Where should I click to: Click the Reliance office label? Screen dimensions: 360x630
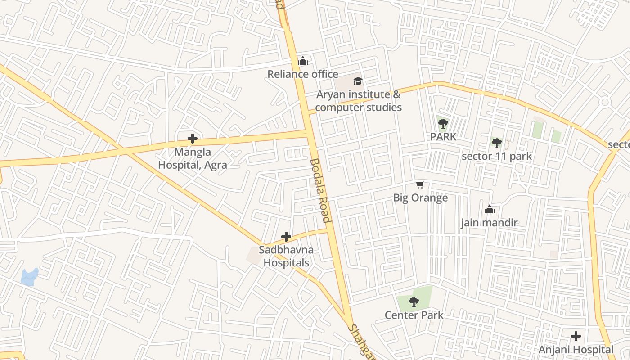coord(303,74)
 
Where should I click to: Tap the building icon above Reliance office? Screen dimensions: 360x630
coord(303,61)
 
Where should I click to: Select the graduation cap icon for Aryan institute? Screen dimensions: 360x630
coord(358,81)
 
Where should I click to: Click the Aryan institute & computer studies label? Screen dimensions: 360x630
coord(358,101)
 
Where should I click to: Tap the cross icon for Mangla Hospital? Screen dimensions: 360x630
coord(193,139)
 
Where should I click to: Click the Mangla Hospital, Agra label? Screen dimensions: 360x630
coord(193,158)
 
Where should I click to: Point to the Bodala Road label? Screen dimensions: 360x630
coord(320,190)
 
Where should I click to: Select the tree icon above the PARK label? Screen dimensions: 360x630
coord(443,123)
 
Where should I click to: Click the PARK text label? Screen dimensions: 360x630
coord(443,137)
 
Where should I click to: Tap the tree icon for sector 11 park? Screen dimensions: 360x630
coord(496,143)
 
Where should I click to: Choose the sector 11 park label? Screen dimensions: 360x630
coord(497,157)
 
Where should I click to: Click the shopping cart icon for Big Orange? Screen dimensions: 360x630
coord(420,184)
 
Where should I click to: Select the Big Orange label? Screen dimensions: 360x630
coord(420,198)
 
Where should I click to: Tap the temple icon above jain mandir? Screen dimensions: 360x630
coord(489,209)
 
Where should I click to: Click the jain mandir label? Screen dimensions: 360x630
coord(489,223)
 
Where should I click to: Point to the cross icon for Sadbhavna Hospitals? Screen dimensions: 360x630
coord(286,237)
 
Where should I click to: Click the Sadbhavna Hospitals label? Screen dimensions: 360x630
coord(286,256)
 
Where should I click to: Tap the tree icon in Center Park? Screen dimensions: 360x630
coord(414,302)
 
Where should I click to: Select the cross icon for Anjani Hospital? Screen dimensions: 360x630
coord(576,336)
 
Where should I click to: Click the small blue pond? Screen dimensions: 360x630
coord(30,276)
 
